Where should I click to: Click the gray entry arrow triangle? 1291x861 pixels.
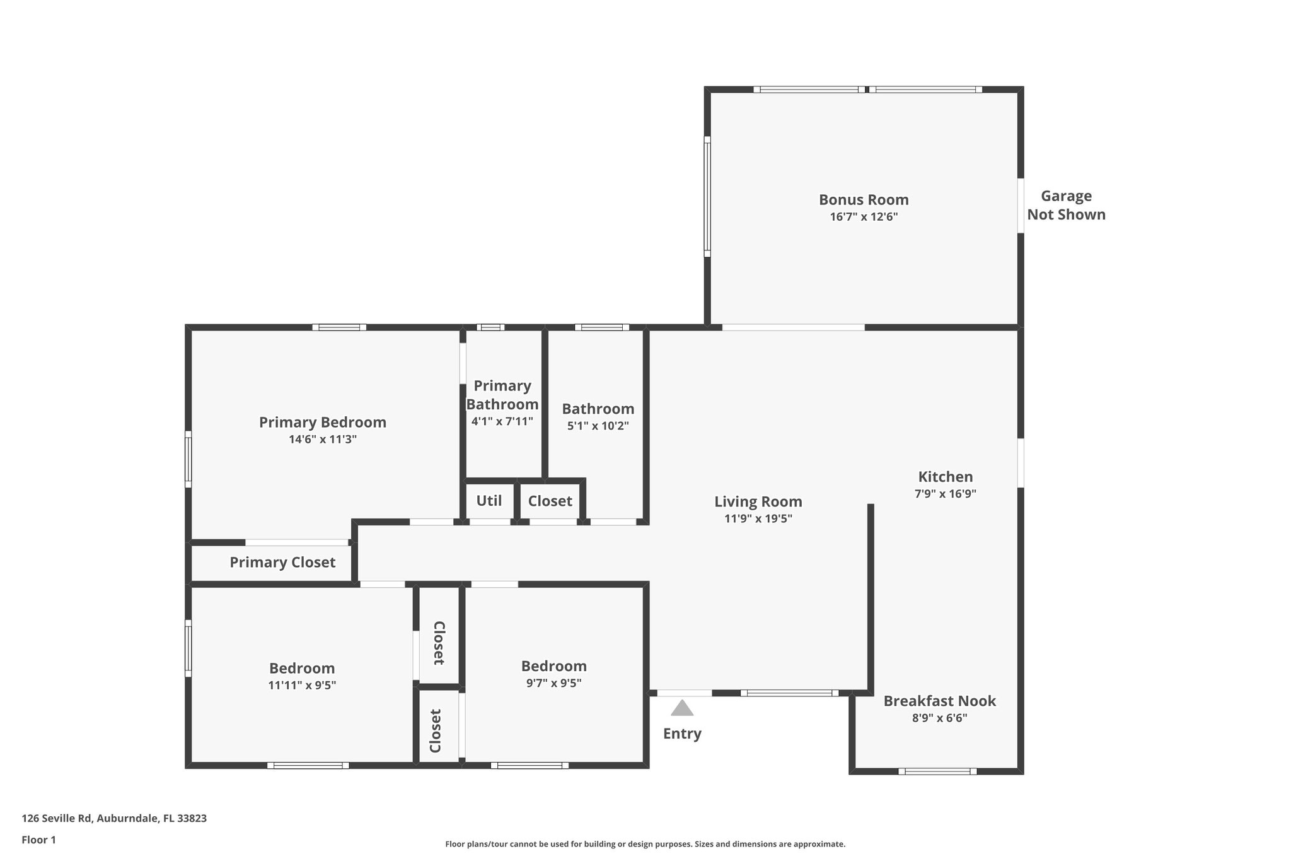click(x=682, y=709)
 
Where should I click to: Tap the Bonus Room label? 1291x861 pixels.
click(x=864, y=200)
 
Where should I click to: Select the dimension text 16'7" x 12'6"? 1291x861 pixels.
click(x=864, y=217)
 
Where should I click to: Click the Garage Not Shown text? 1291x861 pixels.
click(x=1066, y=206)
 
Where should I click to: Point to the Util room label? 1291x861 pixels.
click(x=489, y=501)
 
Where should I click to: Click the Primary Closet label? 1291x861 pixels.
click(x=282, y=563)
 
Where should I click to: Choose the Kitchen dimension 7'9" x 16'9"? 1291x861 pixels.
click(x=945, y=494)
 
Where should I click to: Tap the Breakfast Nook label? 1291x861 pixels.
click(x=939, y=701)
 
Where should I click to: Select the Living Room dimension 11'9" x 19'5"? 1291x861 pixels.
click(x=758, y=519)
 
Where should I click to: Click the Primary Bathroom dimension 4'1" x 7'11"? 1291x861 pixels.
click(x=502, y=421)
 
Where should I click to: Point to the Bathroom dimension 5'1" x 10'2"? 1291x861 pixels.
click(x=598, y=426)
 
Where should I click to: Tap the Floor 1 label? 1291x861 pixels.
click(x=39, y=840)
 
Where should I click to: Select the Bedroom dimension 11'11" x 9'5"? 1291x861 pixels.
click(x=302, y=685)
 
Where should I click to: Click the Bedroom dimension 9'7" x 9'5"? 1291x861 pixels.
click(x=553, y=683)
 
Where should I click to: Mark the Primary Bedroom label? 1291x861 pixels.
click(x=323, y=423)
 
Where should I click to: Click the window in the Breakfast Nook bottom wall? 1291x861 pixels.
click(x=937, y=771)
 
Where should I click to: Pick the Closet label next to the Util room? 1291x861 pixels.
click(x=550, y=501)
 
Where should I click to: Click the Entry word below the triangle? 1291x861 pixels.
click(x=682, y=734)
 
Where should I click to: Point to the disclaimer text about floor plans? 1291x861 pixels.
click(x=645, y=844)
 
